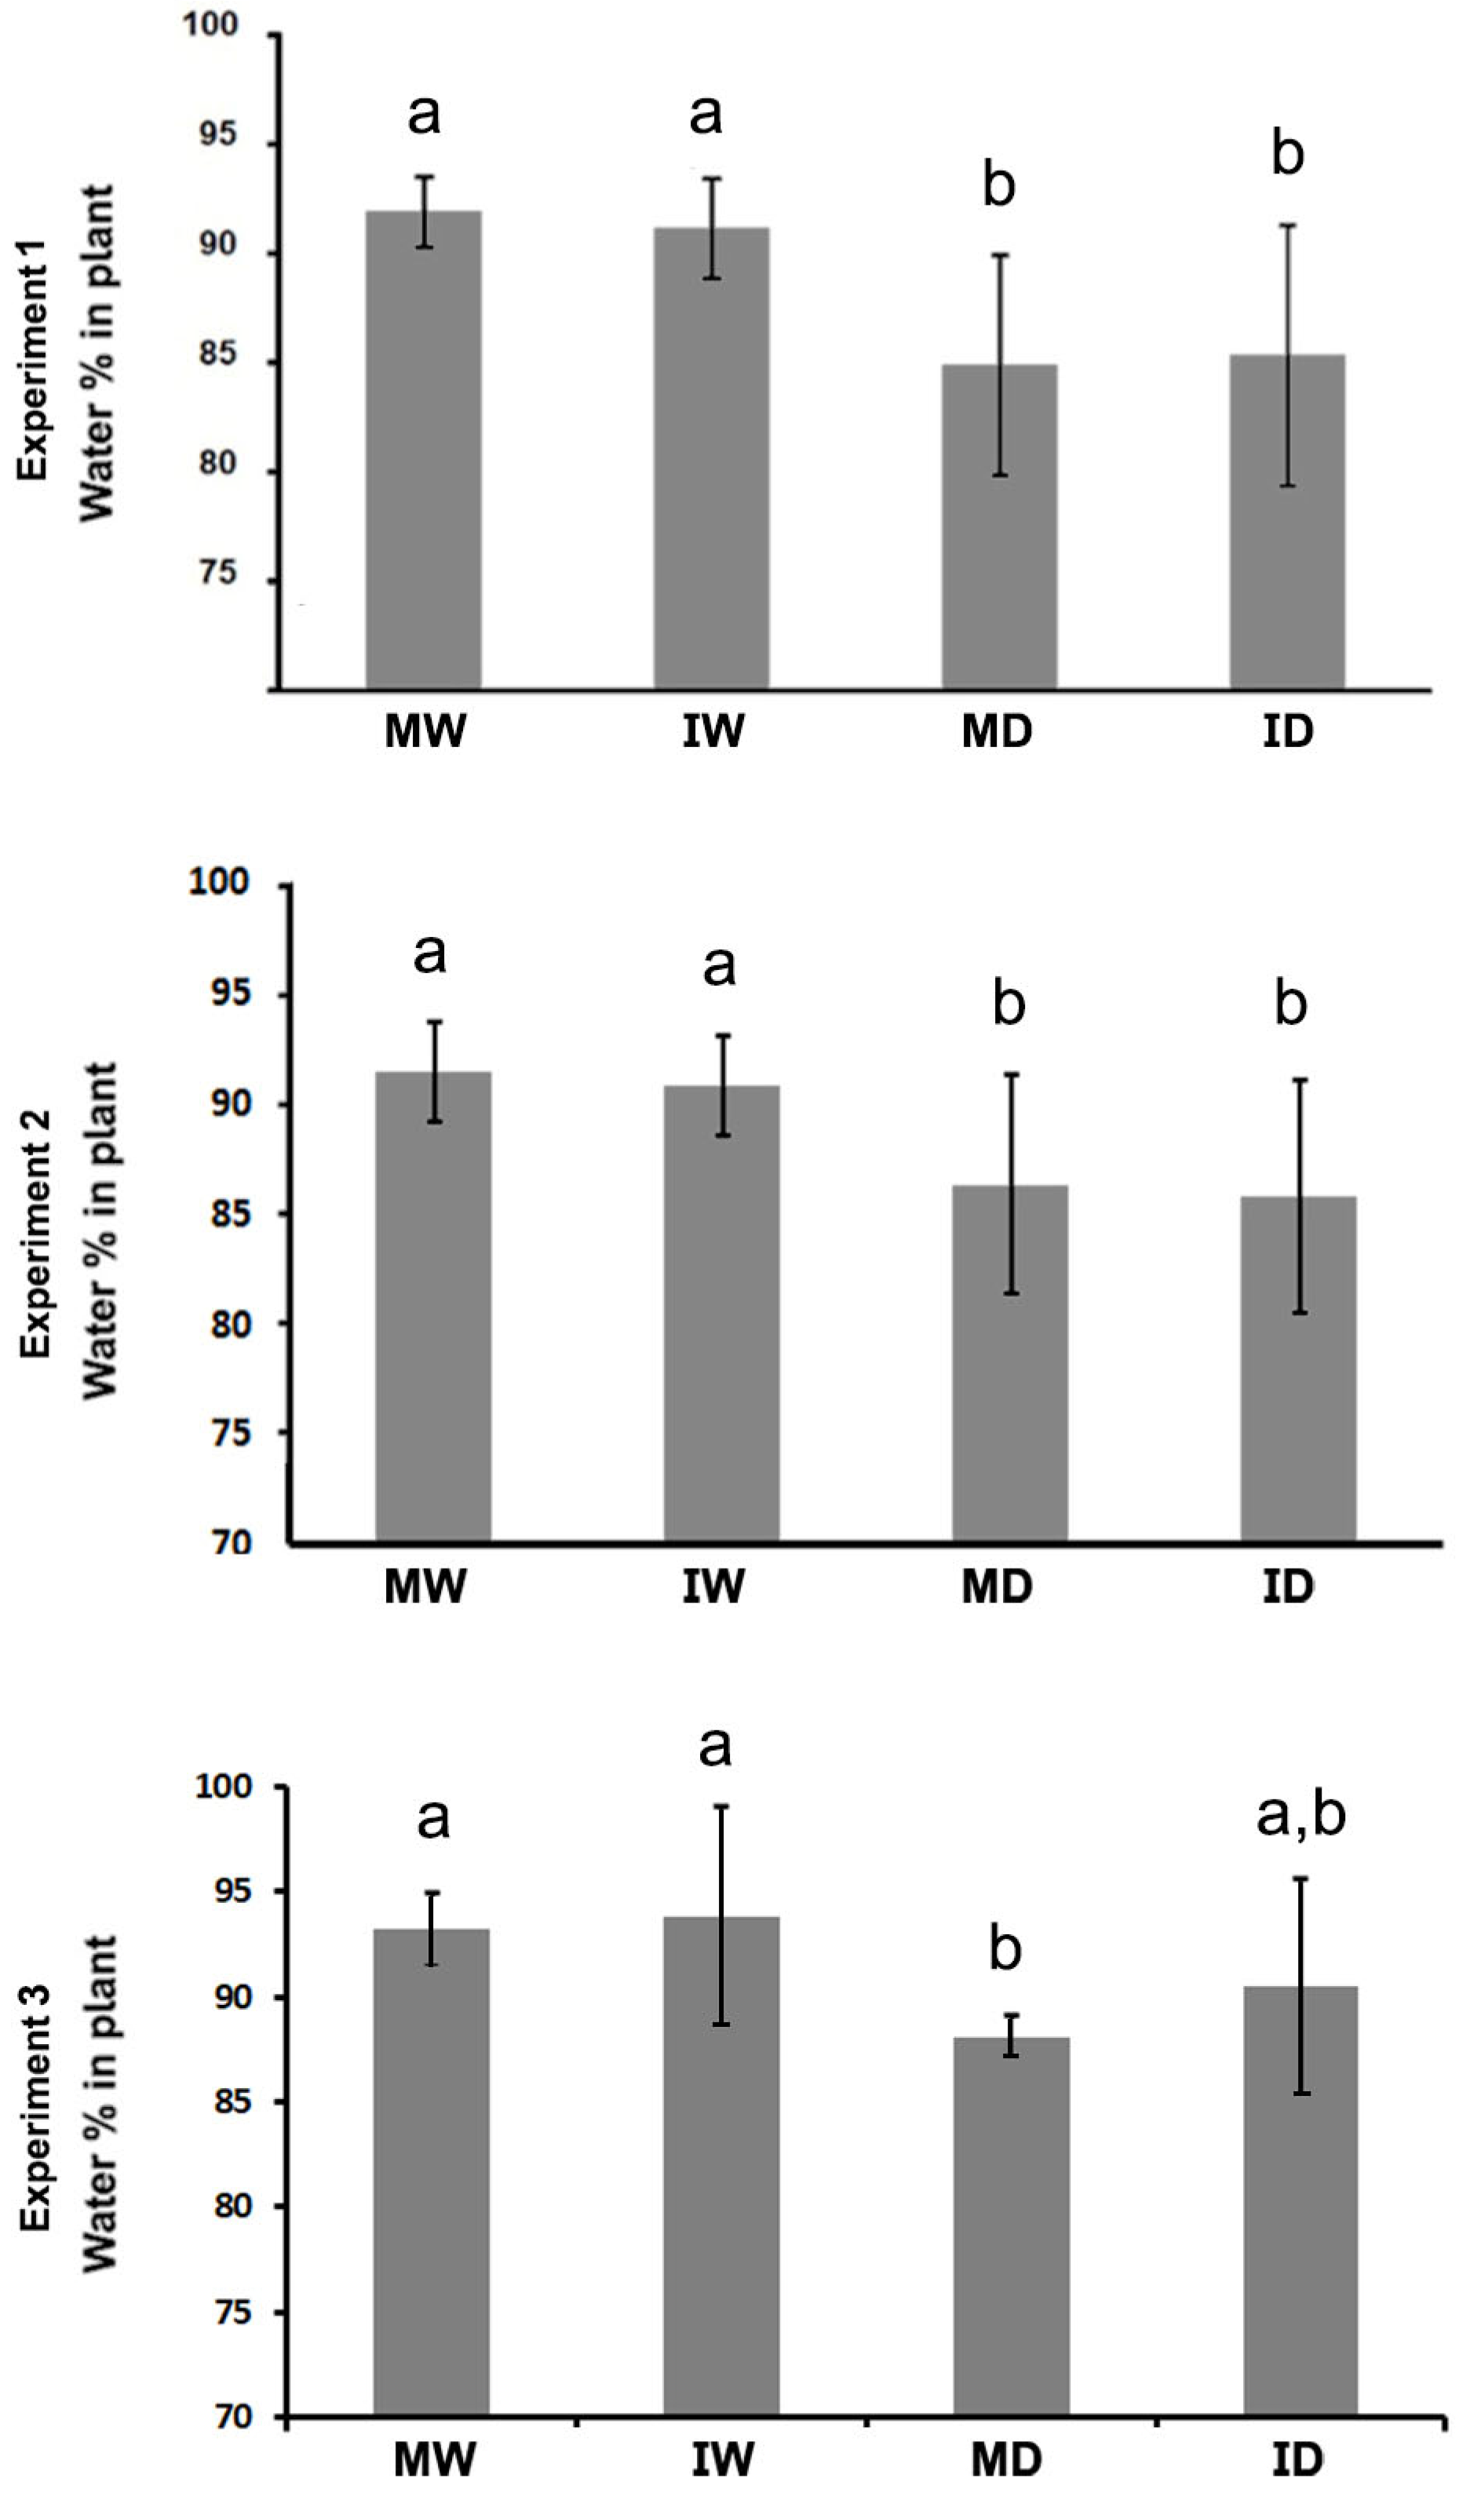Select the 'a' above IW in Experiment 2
pyautogui.click(x=719, y=964)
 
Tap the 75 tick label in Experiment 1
pyautogui.click(x=219, y=574)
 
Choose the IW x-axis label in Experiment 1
pyautogui.click(x=712, y=733)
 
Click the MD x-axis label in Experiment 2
pyautogui.click(x=997, y=1586)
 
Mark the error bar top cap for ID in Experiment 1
pyautogui.click(x=1287, y=225)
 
